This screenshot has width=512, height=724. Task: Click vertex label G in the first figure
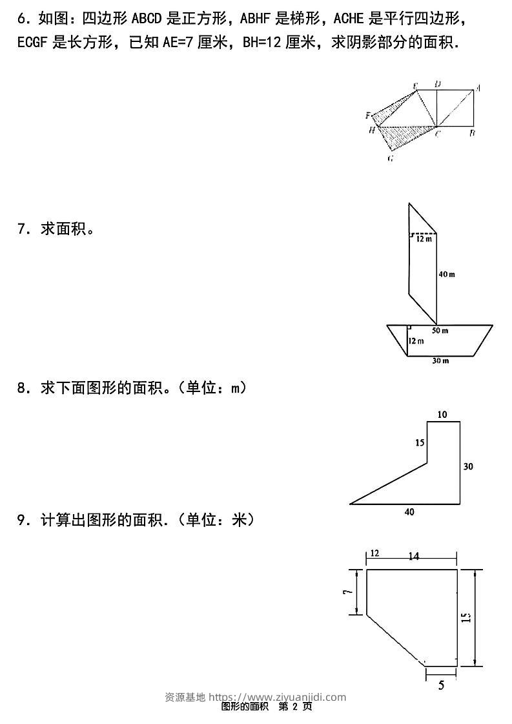click(x=391, y=159)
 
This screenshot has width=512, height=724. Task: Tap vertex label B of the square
click(x=473, y=134)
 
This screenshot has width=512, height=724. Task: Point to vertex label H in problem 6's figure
click(x=372, y=130)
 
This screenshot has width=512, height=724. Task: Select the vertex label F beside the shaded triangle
click(x=368, y=116)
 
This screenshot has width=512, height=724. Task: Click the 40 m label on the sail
click(x=447, y=274)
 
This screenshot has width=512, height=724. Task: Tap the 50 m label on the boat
click(x=440, y=331)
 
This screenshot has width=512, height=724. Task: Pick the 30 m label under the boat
click(x=440, y=361)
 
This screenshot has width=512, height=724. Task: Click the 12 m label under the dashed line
click(x=424, y=239)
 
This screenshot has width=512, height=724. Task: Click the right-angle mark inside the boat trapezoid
click(x=409, y=329)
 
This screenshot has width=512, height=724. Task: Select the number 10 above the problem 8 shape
click(x=442, y=415)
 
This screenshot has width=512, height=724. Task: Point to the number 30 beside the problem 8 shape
click(x=469, y=466)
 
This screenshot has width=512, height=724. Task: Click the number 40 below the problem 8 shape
click(x=409, y=512)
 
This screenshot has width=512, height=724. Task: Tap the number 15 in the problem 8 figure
click(x=420, y=443)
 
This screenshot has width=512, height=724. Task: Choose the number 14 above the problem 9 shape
click(x=414, y=556)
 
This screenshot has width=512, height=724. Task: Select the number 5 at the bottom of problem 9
click(x=441, y=687)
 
